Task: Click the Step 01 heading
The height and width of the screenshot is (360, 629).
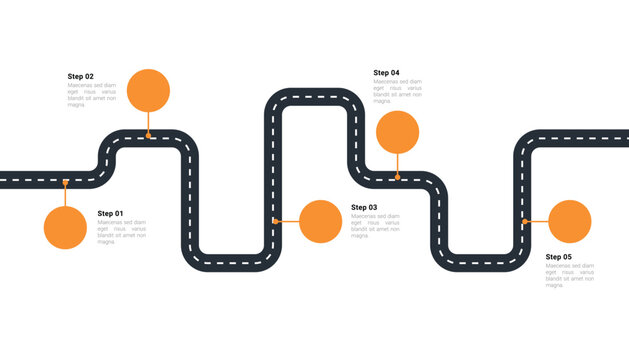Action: click(x=110, y=213)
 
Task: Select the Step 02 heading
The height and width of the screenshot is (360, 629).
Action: click(x=80, y=76)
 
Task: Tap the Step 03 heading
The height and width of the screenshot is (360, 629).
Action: click(x=364, y=207)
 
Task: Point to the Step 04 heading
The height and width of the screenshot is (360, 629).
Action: click(x=386, y=73)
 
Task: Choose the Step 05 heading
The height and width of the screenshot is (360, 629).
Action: click(x=558, y=257)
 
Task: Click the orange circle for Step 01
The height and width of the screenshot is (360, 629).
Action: click(x=65, y=227)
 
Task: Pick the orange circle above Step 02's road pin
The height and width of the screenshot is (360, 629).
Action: click(x=149, y=90)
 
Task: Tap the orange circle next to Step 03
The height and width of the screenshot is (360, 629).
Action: click(x=320, y=221)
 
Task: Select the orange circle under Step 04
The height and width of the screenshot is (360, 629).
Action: click(x=397, y=132)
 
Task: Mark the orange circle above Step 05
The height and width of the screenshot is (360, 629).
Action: click(x=570, y=221)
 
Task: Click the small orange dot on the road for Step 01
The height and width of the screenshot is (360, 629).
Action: click(x=65, y=182)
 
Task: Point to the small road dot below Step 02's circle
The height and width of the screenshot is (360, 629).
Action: click(x=149, y=135)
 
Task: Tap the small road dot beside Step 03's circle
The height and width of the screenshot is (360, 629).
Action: click(x=275, y=221)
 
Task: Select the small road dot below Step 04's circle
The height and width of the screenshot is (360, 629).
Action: click(x=397, y=177)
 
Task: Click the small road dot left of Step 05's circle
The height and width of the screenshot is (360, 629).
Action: click(x=525, y=221)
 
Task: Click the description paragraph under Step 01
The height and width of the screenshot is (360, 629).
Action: click(x=121, y=232)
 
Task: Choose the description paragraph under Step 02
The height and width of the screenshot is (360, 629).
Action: click(x=92, y=95)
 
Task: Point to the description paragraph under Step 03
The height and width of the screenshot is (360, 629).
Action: click(x=375, y=226)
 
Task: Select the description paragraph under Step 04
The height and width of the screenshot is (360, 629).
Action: click(x=397, y=91)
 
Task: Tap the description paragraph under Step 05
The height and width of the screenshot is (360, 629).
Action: click(x=569, y=275)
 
